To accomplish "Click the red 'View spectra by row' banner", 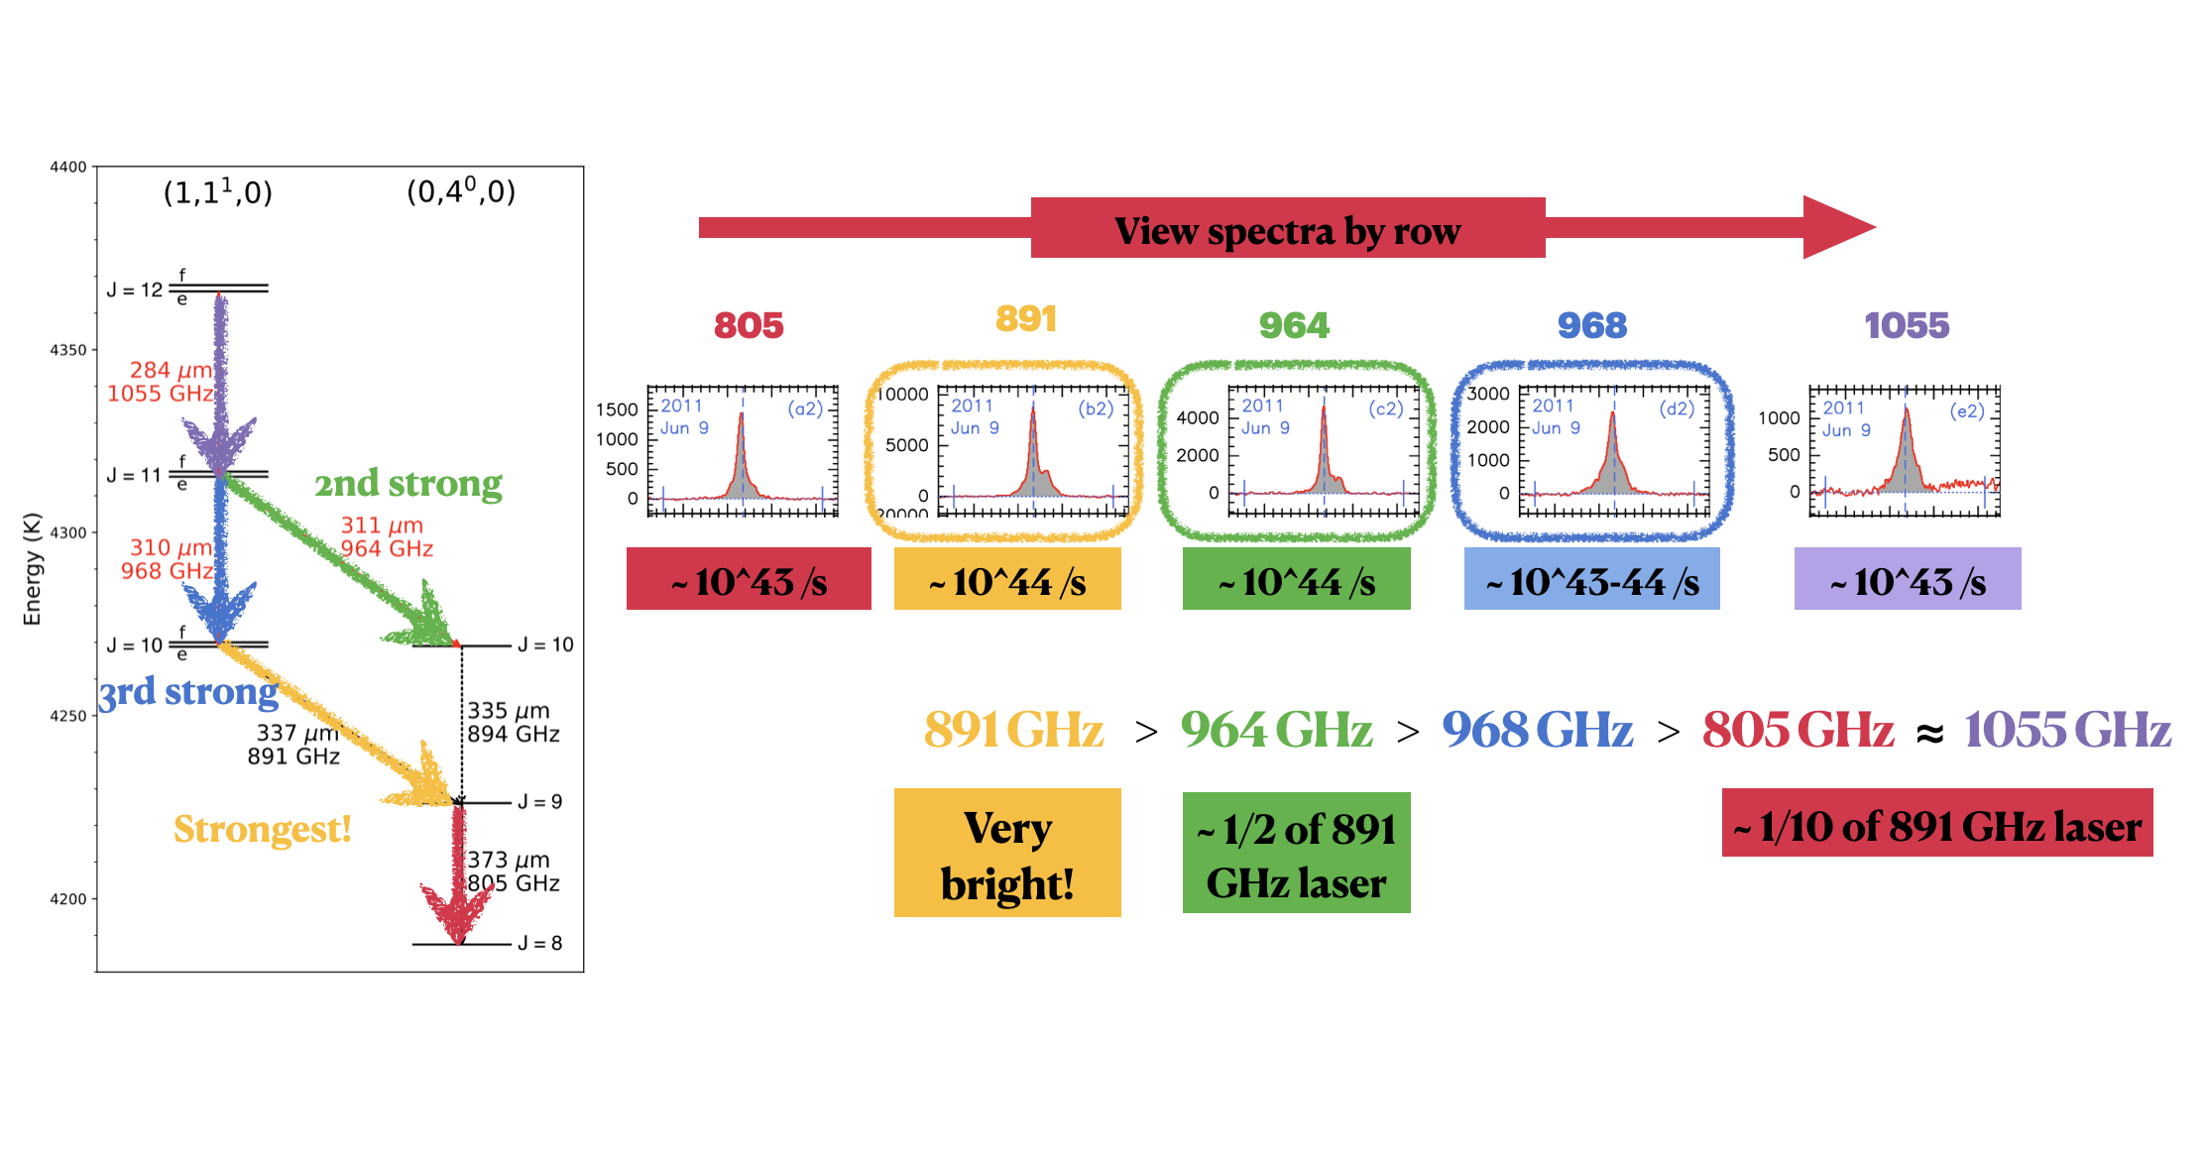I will click(x=1287, y=229).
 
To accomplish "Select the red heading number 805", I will click(x=749, y=325).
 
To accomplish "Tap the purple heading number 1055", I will click(x=1906, y=325).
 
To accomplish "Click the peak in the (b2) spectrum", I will click(x=1032, y=414).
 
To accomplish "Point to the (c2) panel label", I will click(x=1385, y=408).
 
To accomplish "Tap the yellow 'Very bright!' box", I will click(x=1006, y=853).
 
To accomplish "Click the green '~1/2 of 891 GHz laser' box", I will click(x=1295, y=853).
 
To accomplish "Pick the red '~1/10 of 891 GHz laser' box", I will click(x=1936, y=823).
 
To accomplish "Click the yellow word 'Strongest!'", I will click(x=263, y=829).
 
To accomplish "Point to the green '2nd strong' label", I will click(x=408, y=484).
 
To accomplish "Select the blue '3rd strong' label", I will click(x=188, y=691).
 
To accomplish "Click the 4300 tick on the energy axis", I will click(x=68, y=532).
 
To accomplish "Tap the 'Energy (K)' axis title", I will click(x=33, y=569).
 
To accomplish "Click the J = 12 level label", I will click(x=134, y=290).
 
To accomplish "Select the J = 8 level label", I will click(x=539, y=943).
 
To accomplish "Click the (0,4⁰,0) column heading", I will click(x=461, y=191).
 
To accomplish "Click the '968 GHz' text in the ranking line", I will click(x=1537, y=730).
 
